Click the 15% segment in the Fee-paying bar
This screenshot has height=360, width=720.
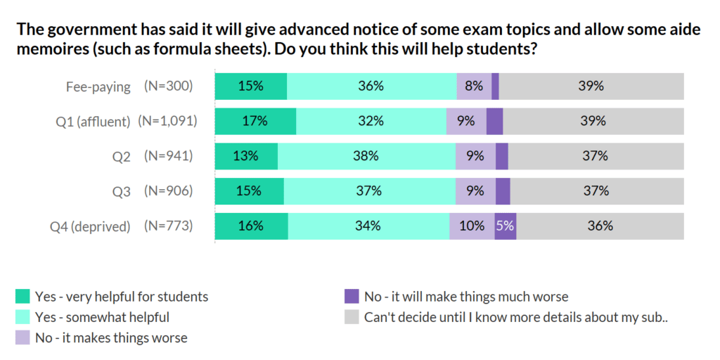tap(250, 86)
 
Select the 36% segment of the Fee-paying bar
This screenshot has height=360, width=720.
tap(371, 86)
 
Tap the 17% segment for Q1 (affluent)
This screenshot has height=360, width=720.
tap(255, 121)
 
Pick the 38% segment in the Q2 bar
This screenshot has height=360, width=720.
tap(366, 156)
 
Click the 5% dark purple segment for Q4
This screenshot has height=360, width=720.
tap(505, 226)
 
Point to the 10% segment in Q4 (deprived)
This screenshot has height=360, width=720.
tap(472, 226)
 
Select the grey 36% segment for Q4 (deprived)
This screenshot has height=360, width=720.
tap(600, 226)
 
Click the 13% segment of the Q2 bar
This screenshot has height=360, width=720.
tap(246, 156)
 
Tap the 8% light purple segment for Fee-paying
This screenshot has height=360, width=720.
tap(474, 86)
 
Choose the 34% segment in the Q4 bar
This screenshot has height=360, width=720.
tap(368, 226)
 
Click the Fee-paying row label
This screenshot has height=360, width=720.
tap(98, 86)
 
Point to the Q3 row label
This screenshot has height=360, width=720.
tap(122, 191)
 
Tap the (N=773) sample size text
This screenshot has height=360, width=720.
tap(168, 226)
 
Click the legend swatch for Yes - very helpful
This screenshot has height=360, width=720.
tap(22, 296)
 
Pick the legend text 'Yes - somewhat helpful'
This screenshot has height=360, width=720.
tap(102, 317)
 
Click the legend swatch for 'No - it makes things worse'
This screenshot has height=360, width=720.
tap(22, 337)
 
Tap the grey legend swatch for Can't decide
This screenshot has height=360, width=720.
tap(352, 317)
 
